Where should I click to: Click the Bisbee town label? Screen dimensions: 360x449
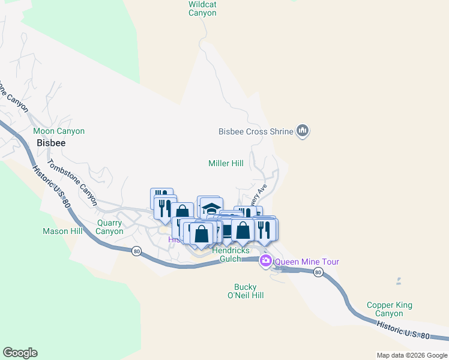51,143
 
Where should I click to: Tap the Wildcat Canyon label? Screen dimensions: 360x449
202,8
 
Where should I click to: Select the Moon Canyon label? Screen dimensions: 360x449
59,131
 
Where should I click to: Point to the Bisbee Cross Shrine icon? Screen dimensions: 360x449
303,131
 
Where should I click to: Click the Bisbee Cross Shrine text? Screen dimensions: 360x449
255,131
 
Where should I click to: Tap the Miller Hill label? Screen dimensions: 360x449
226,163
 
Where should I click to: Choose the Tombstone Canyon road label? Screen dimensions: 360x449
72,182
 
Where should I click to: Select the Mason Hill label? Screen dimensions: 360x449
62,231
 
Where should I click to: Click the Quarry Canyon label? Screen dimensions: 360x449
109,227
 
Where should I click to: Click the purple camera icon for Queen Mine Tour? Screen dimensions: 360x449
266,262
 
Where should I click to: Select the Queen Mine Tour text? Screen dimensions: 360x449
307,262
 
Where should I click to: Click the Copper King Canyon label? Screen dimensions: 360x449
389,309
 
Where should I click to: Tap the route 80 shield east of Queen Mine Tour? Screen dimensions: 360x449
318,272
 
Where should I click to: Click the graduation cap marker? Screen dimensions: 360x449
211,208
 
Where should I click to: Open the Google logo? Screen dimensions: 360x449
20,353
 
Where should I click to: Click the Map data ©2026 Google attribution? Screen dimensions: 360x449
412,355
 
